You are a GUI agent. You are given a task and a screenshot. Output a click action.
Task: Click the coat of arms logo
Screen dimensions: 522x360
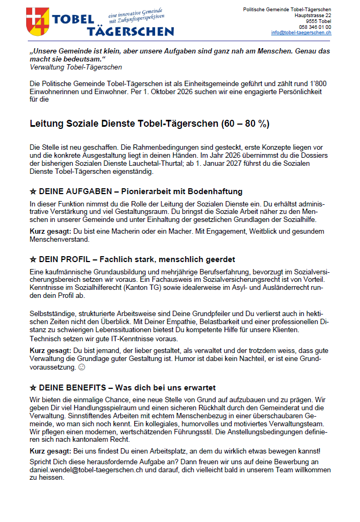[39, 20]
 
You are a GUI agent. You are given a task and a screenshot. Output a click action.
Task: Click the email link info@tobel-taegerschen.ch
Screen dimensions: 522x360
[301, 33]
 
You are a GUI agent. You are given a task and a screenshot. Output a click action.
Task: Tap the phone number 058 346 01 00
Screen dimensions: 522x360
[315, 27]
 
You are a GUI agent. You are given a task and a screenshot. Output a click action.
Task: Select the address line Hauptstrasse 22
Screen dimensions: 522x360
[313, 16]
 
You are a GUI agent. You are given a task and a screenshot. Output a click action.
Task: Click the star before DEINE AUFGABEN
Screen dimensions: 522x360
[33, 191]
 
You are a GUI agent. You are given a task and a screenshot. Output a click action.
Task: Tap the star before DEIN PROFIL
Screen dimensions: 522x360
[33, 259]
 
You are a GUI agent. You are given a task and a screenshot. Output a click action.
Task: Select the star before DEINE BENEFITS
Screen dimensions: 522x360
[33, 387]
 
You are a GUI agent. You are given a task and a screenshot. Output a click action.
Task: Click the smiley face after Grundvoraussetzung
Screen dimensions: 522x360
[81, 368]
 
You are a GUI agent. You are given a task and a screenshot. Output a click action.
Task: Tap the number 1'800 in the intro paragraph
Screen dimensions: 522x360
[319, 85]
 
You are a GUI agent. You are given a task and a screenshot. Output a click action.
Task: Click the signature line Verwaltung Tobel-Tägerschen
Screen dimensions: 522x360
[75, 67]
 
